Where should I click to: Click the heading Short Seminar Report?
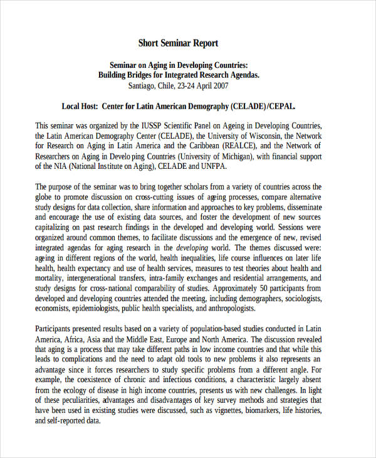click(x=178, y=43)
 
